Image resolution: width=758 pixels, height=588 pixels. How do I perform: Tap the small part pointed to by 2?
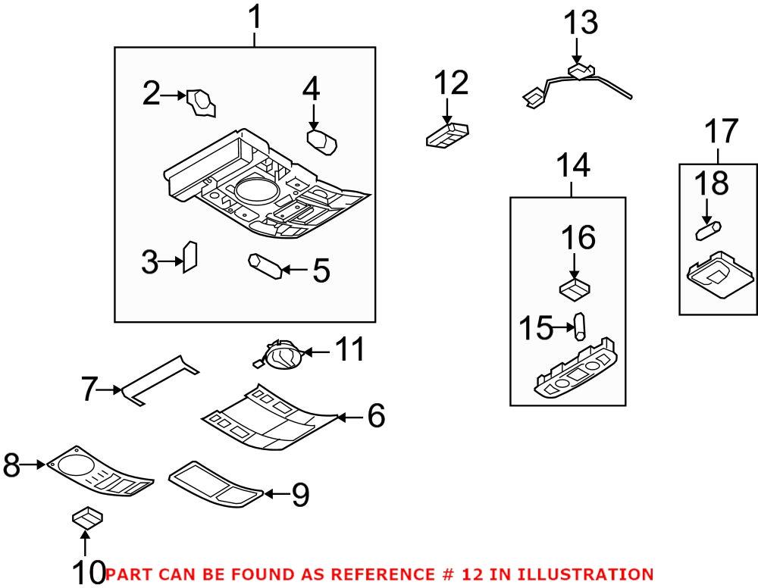201,102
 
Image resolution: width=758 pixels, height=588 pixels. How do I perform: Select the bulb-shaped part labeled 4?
321,140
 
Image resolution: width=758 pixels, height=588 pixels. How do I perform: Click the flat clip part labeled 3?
190,255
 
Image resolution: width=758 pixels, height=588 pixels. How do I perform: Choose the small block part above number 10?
86,518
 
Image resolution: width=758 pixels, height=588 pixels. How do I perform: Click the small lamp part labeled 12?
447,135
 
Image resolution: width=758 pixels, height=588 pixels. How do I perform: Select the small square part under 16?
574,289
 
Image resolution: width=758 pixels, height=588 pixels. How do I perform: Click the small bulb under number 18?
708,228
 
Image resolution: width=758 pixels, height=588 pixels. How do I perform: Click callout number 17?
718,131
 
